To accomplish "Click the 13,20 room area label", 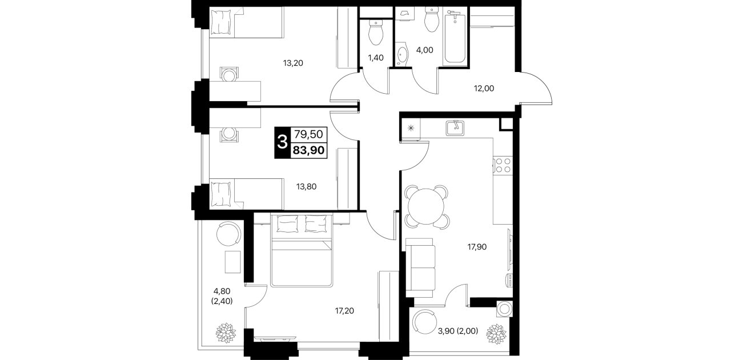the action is [x=293, y=63].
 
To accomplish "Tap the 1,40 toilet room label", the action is [x=375, y=58].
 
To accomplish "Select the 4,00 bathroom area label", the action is [x=424, y=50].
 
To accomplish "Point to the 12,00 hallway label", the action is [x=484, y=89].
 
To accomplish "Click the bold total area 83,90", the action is [x=308, y=151].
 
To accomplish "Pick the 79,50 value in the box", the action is [x=308, y=134].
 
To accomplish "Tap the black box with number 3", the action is [x=282, y=143].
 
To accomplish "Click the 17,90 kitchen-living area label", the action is [x=477, y=247].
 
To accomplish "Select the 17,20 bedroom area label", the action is [x=344, y=311].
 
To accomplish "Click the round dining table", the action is [x=426, y=206].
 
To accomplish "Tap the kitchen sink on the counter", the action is [x=455, y=128].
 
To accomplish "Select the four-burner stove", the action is [x=503, y=165].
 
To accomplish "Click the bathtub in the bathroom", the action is [x=455, y=37].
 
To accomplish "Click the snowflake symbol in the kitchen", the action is [x=411, y=128].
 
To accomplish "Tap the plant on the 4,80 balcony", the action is [x=226, y=333].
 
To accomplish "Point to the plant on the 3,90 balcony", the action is [x=496, y=334].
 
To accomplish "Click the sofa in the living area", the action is [x=420, y=268].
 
